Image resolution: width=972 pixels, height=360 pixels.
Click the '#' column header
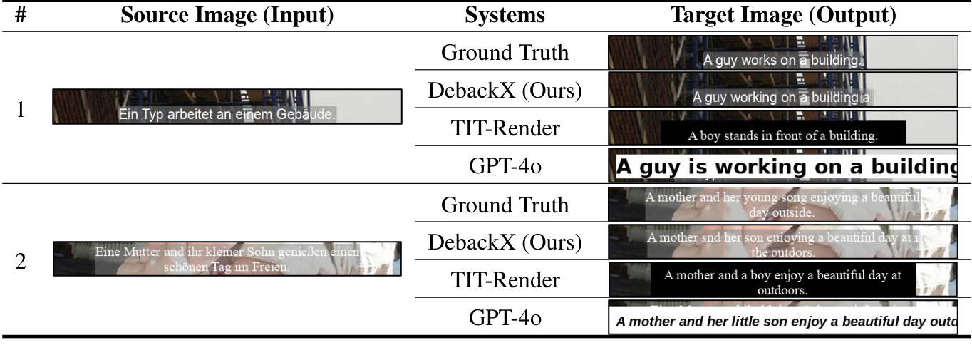click(20, 16)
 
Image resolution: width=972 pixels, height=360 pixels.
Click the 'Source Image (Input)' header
click(227, 16)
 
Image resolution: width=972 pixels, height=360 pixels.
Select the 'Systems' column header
click(505, 16)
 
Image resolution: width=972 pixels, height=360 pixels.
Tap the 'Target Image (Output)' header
click(783, 16)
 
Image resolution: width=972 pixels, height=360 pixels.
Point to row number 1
click(20, 110)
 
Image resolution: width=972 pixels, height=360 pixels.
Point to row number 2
click(20, 262)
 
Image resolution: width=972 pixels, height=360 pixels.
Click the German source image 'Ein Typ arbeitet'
click(227, 107)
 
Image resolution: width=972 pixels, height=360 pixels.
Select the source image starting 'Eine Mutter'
click(227, 259)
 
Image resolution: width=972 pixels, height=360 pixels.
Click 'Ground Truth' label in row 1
click(505, 53)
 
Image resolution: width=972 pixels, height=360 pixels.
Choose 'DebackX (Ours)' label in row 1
click(505, 91)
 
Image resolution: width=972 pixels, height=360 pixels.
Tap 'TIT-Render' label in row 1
click(505, 128)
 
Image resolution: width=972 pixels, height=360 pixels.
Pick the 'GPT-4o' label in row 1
click(505, 166)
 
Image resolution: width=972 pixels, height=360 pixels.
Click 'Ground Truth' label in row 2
click(505, 205)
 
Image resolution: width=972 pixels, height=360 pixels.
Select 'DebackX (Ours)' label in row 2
click(505, 243)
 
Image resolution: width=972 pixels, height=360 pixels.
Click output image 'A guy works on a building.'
click(782, 53)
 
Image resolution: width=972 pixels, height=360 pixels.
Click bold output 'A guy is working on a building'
click(782, 166)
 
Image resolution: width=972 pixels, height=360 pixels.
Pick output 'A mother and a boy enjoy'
click(782, 280)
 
